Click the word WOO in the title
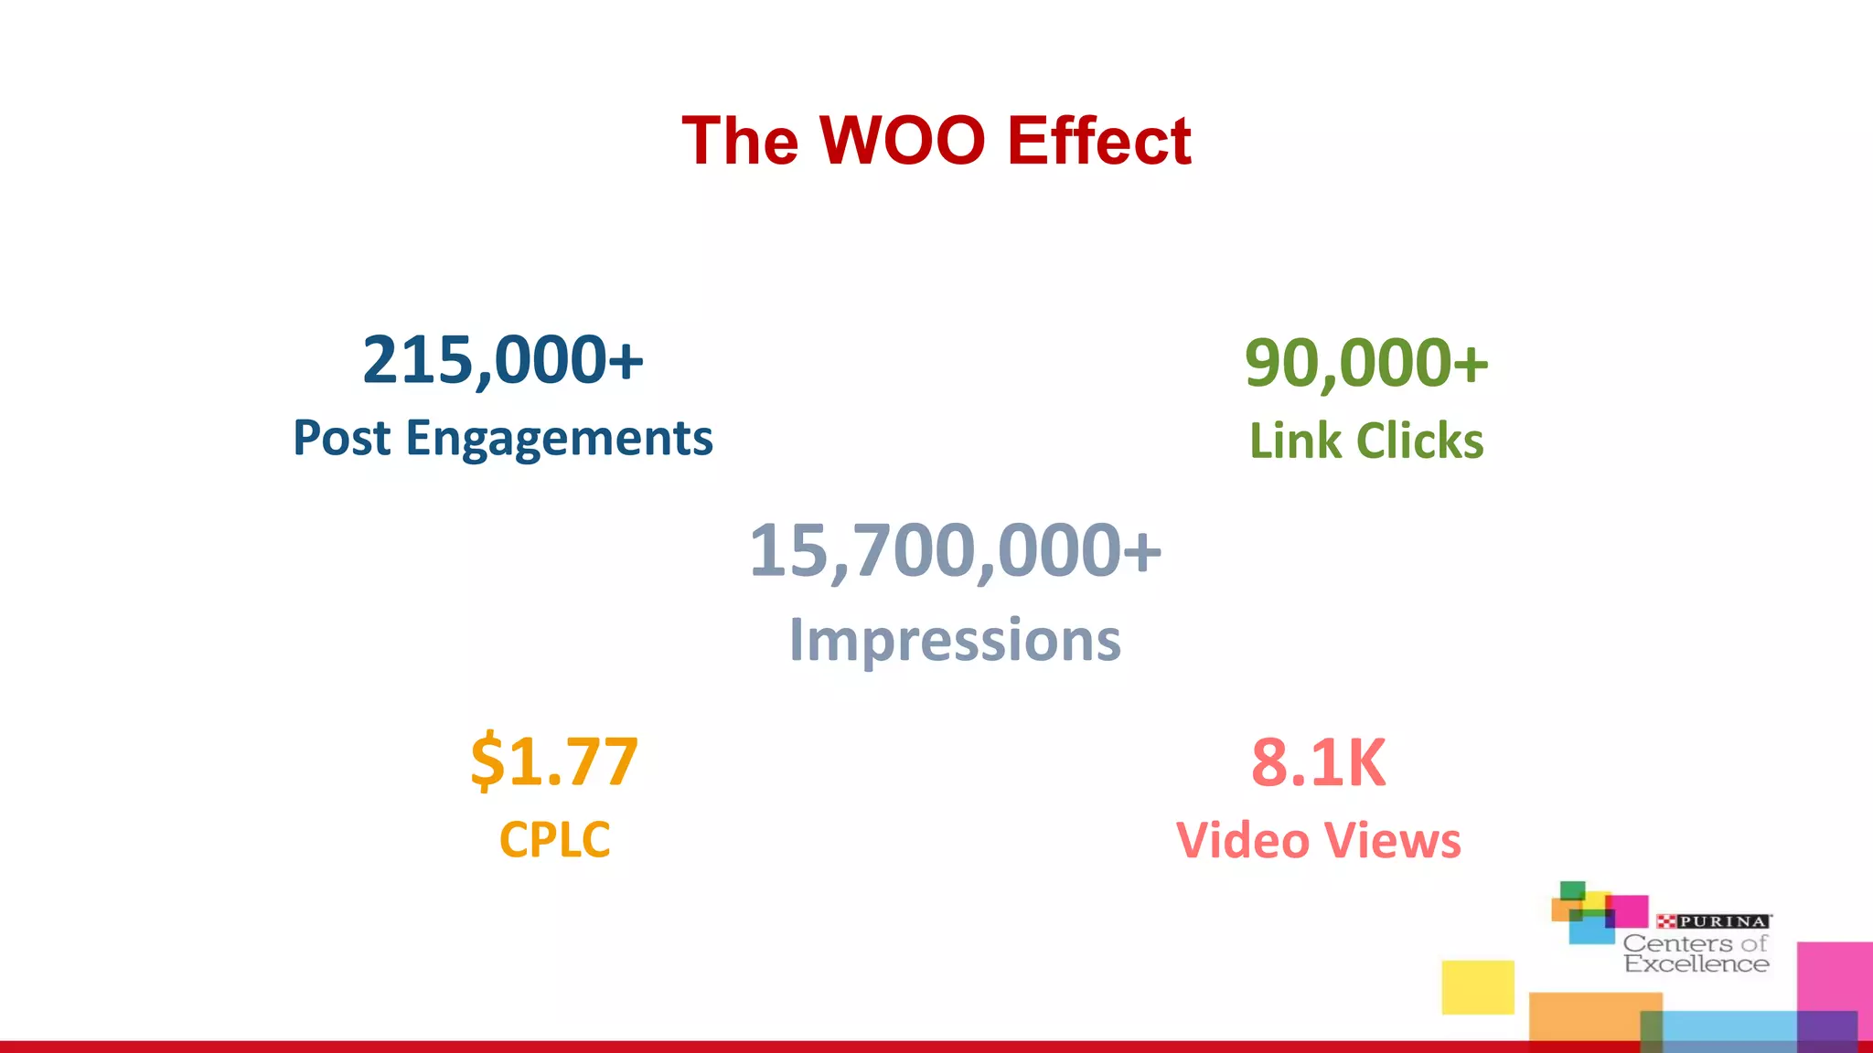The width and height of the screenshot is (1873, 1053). [x=902, y=141]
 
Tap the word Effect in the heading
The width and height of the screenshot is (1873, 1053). [x=1098, y=141]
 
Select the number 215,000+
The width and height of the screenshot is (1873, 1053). [x=503, y=360]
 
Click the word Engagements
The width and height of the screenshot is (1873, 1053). [x=559, y=439]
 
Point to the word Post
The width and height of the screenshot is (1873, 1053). [x=342, y=438]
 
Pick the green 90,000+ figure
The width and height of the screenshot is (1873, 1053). [x=1366, y=363]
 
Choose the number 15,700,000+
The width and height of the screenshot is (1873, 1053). [x=955, y=551]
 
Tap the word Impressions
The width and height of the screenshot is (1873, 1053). [x=955, y=640]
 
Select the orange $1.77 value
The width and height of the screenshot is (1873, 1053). [x=554, y=760]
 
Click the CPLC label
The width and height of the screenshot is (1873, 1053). [x=554, y=839]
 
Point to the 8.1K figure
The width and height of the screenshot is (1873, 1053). [x=1318, y=762]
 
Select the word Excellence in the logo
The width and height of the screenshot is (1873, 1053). [x=1696, y=963]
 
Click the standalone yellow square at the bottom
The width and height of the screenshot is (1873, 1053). [x=1478, y=987]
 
